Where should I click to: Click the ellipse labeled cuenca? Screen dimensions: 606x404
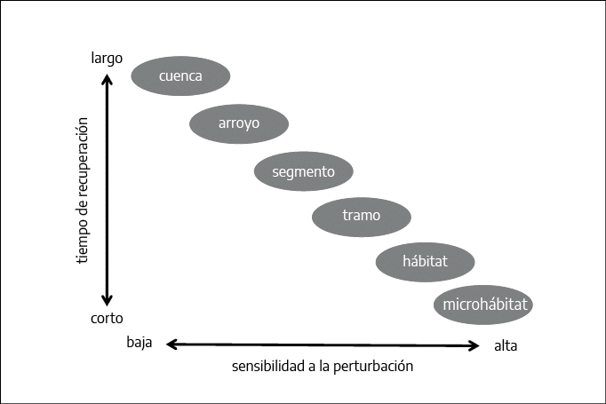click(x=180, y=75)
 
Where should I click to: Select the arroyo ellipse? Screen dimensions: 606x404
click(x=239, y=123)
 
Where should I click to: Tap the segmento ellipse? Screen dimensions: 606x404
click(x=303, y=171)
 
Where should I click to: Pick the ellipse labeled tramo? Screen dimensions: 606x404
click(x=362, y=217)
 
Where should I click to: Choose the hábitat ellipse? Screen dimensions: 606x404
click(x=425, y=262)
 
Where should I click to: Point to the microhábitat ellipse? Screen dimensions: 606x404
click(x=483, y=305)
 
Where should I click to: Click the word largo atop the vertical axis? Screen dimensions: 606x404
click(x=107, y=59)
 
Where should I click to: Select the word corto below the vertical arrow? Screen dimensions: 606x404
click(x=107, y=318)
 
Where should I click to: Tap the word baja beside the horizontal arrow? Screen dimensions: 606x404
click(x=140, y=342)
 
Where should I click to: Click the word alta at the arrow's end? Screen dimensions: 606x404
click(x=506, y=345)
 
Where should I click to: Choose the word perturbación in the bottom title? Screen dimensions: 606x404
click(x=373, y=366)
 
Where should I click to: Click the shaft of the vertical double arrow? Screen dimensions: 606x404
click(x=107, y=190)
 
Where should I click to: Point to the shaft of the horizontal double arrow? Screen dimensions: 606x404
click(x=323, y=345)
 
